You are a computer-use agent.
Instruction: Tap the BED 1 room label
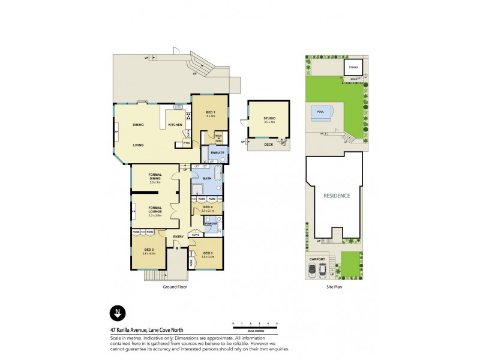pyautogui.click(x=210, y=113)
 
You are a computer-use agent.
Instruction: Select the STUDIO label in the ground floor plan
pyautogui.click(x=269, y=119)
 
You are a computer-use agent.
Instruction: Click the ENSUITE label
pyautogui.click(x=218, y=153)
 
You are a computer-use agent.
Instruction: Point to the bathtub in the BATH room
pyautogui.click(x=218, y=178)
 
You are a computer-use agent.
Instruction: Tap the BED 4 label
pyautogui.click(x=208, y=208)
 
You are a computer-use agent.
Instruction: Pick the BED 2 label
pyautogui.click(x=149, y=251)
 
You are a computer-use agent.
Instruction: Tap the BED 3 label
pyautogui.click(x=208, y=253)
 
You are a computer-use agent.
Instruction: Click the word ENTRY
pyautogui.click(x=178, y=237)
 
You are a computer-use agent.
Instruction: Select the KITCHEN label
pyautogui.click(x=175, y=125)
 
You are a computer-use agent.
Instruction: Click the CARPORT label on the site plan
pyautogui.click(x=317, y=259)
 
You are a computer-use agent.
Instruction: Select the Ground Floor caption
pyautogui.click(x=175, y=287)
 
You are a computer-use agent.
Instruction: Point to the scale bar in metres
pyautogui.click(x=255, y=326)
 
